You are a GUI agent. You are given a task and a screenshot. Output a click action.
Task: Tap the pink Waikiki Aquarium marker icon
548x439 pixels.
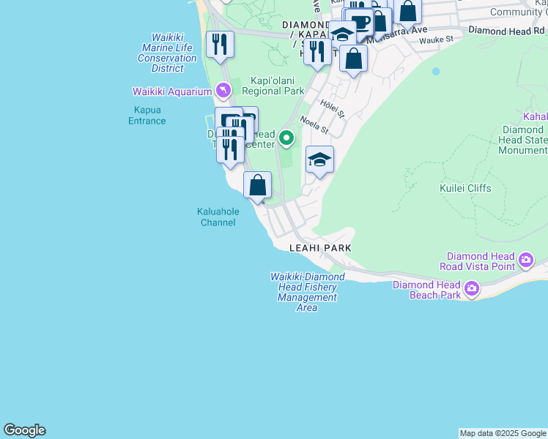point(223,91)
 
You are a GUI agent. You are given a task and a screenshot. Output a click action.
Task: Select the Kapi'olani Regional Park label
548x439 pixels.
point(273,86)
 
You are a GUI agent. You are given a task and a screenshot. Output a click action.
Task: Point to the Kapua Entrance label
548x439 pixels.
point(147,116)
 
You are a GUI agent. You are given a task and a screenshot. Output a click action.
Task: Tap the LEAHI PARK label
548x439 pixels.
point(320,248)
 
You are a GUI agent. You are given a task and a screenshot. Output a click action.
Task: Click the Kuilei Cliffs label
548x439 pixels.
point(465,188)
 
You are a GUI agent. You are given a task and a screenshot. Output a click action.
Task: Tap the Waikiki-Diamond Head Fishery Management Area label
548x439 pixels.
point(307,292)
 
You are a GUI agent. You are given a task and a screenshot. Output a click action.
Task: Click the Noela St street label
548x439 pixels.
point(314,127)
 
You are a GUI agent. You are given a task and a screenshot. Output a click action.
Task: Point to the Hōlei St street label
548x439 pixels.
point(332,108)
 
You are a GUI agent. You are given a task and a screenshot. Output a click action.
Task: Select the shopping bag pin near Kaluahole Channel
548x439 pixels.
point(257,185)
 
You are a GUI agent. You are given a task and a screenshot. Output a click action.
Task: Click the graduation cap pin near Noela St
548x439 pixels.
point(319,160)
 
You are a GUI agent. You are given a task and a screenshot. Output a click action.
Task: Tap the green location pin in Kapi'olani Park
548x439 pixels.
point(287,138)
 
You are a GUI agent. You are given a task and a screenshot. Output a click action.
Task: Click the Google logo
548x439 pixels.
point(24,430)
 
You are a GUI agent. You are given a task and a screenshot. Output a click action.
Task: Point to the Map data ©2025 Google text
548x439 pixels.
point(503,433)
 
